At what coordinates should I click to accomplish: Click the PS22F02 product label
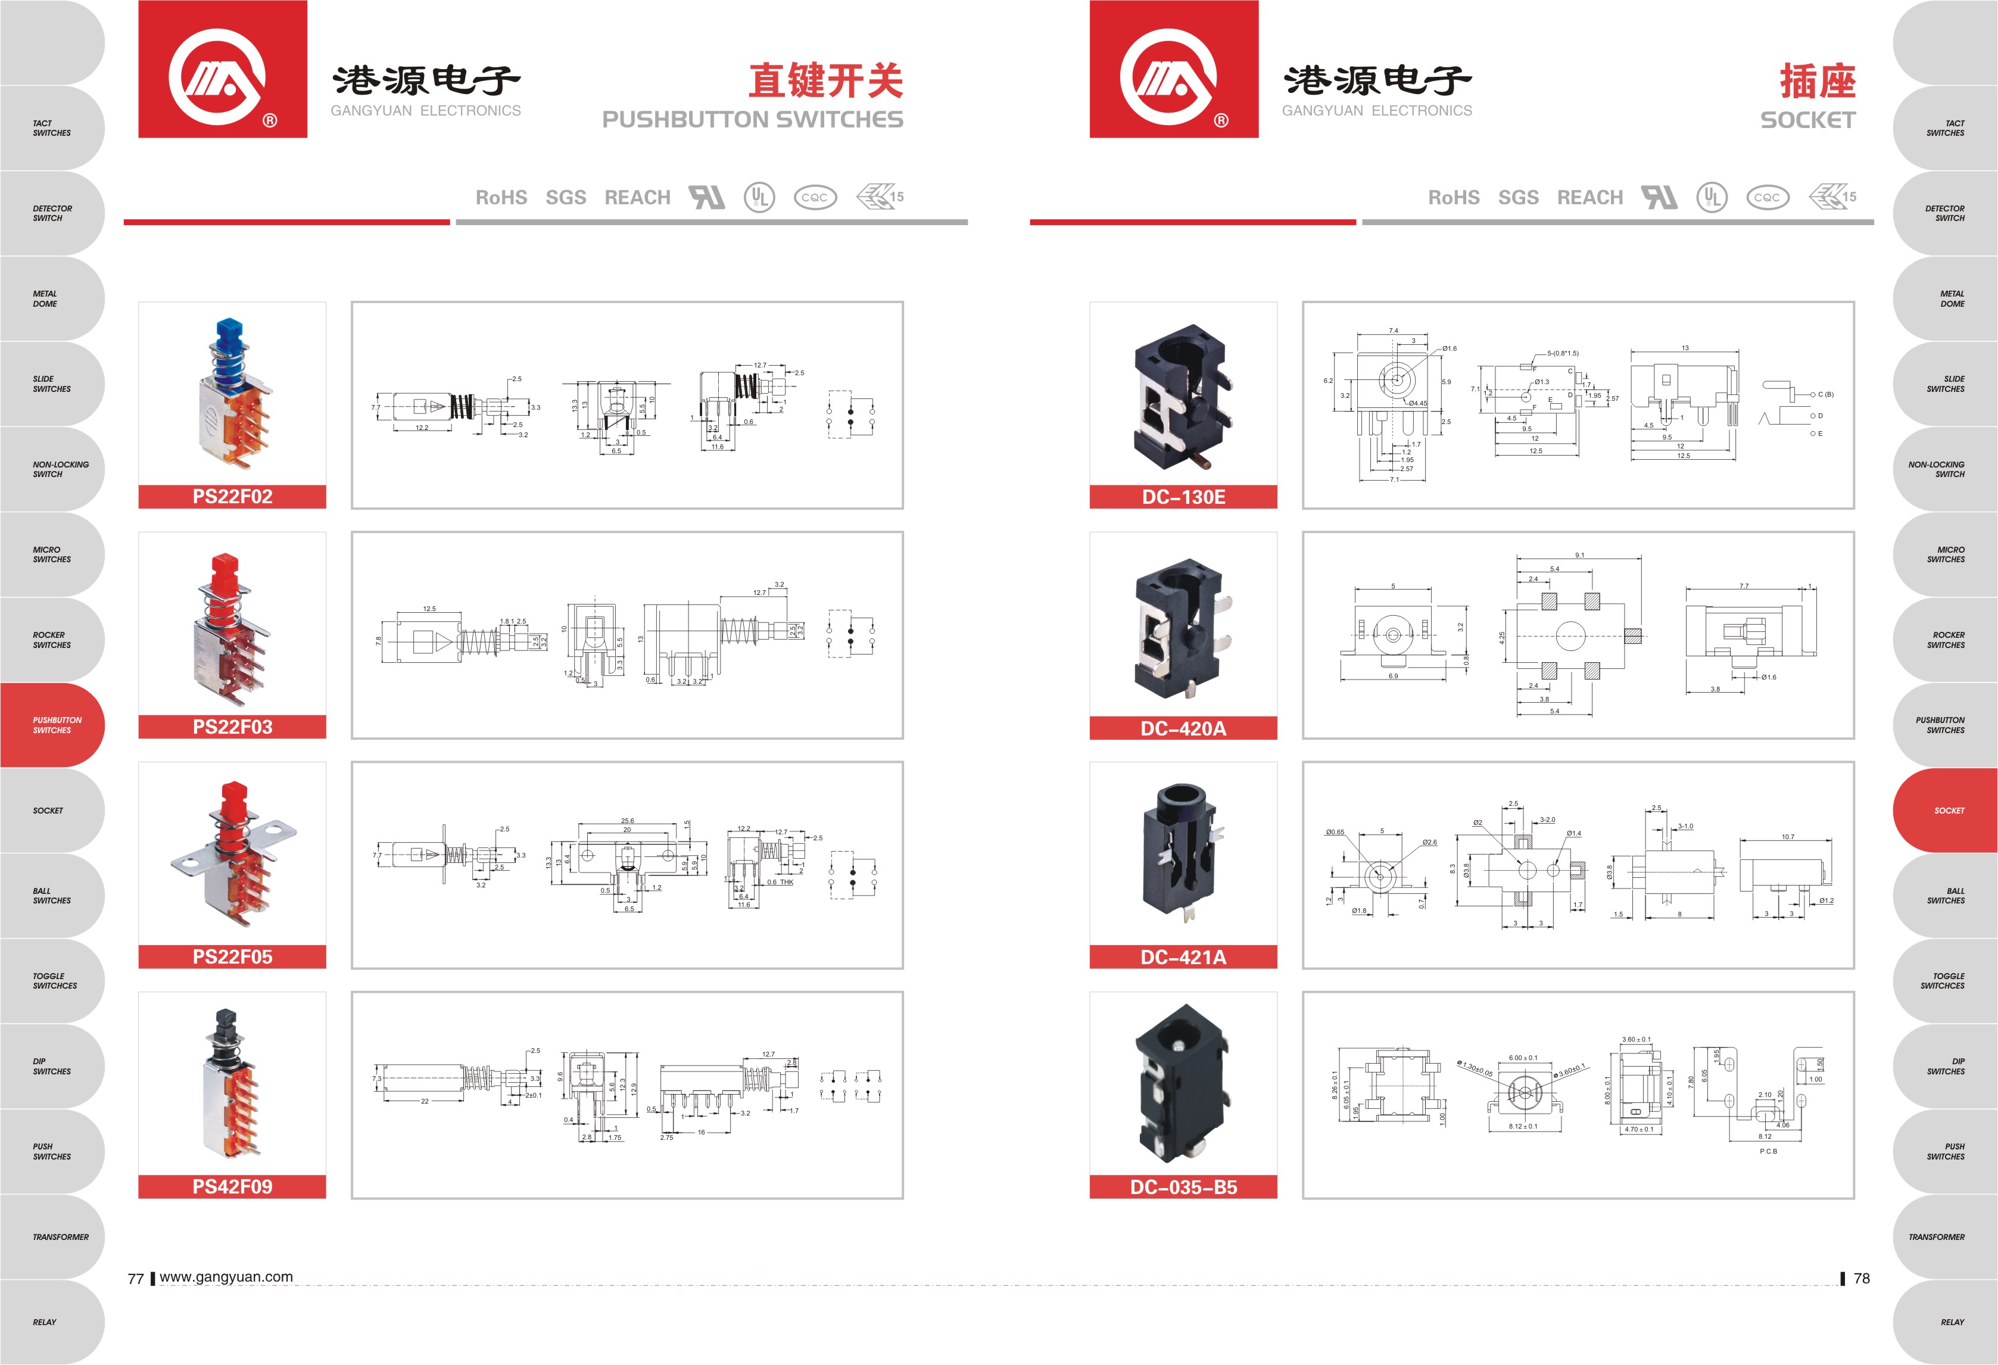(x=232, y=497)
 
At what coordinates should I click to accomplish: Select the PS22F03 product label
(x=232, y=727)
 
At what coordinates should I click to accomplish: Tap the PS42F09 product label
(x=232, y=1187)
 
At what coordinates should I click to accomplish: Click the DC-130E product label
(x=1183, y=497)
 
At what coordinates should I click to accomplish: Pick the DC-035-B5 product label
(x=1183, y=1187)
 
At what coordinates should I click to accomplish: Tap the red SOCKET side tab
(x=1946, y=811)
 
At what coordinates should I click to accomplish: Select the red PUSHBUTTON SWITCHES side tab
(x=54, y=725)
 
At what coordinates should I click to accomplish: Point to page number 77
(x=135, y=1278)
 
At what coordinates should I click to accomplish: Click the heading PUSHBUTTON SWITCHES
(x=752, y=120)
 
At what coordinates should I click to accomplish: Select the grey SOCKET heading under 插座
(x=1807, y=120)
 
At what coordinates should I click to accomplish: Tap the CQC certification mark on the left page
(x=813, y=198)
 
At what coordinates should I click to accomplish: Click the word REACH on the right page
(x=1589, y=198)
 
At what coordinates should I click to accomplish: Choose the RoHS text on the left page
(x=501, y=198)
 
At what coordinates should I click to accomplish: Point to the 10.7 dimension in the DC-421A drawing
(x=1787, y=836)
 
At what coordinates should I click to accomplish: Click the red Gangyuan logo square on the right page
(x=1174, y=68)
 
